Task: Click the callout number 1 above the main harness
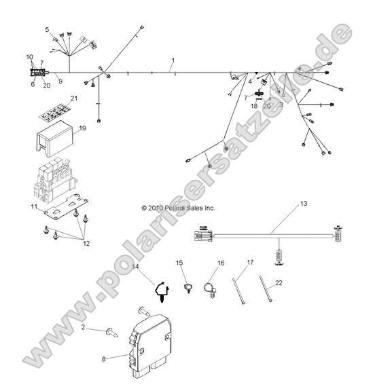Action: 173,60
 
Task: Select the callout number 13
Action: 304,203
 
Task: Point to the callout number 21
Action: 75,99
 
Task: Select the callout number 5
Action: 47,29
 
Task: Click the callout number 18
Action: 255,106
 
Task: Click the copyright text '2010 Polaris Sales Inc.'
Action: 178,208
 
